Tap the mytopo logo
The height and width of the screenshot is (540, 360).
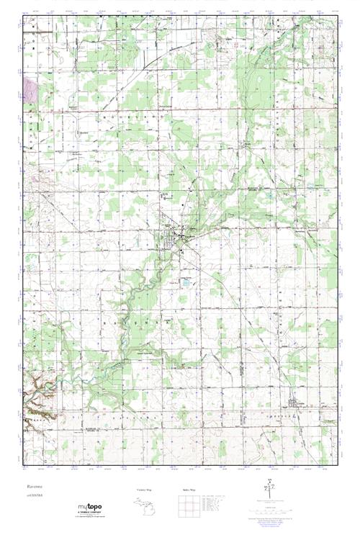point(91,507)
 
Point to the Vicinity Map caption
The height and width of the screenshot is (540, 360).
point(145,489)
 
